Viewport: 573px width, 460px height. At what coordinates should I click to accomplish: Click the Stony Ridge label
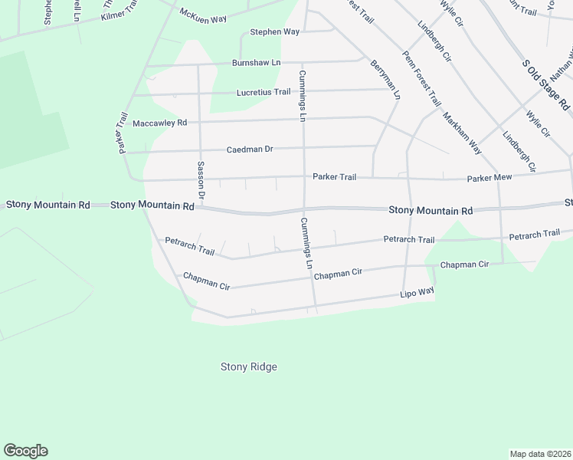(248, 367)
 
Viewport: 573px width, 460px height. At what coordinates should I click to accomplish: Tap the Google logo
(25, 451)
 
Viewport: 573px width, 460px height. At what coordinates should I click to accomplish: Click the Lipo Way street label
(417, 293)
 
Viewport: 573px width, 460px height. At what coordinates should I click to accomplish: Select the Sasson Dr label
(201, 181)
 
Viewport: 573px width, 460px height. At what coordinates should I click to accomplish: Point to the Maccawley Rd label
(159, 123)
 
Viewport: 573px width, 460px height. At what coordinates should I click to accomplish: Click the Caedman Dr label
(250, 149)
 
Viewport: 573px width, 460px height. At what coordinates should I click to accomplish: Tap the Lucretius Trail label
(264, 92)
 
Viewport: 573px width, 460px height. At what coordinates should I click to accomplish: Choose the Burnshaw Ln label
(257, 63)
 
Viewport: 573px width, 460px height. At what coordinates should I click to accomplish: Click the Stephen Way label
(274, 32)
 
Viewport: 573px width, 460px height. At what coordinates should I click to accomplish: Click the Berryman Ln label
(385, 80)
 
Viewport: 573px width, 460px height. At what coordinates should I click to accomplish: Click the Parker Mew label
(489, 179)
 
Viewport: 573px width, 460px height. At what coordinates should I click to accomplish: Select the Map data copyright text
(540, 453)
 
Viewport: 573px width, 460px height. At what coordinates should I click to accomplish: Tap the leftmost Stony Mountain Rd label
(47, 205)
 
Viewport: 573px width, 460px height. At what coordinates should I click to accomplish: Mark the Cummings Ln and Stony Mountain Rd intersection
(305, 209)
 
